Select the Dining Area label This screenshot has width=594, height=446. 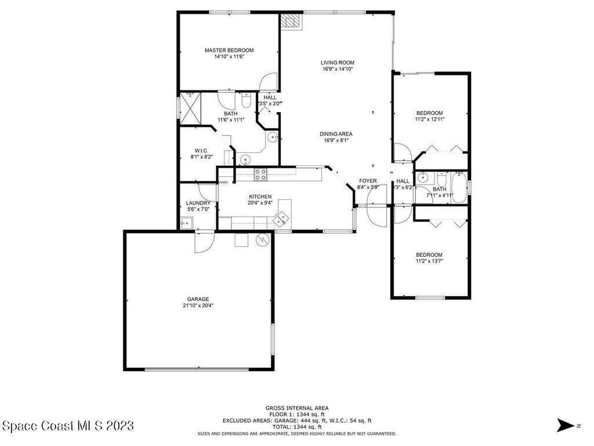(x=336, y=134)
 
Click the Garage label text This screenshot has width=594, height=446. (x=198, y=299)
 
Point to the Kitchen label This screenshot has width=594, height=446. (x=260, y=196)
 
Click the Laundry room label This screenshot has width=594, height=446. (x=198, y=203)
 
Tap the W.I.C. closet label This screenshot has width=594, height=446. (x=201, y=150)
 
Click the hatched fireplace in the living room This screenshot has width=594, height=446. (x=291, y=21)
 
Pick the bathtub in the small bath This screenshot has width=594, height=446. (x=459, y=187)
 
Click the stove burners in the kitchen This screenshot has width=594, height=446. (x=260, y=174)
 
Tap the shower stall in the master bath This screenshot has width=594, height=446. (x=190, y=108)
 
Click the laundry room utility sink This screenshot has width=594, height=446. (x=186, y=224)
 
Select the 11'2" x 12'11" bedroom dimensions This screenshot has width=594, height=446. (x=430, y=119)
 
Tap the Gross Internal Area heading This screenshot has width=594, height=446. (x=297, y=408)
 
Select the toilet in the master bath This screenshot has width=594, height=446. (x=246, y=101)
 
